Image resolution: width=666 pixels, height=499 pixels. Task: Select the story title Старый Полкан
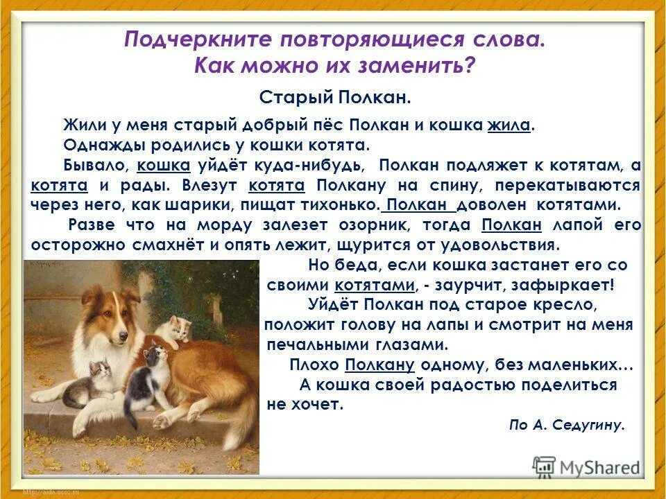click(335, 97)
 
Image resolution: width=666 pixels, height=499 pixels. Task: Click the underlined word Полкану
click(379, 365)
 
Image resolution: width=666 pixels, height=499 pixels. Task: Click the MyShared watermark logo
click(586, 466)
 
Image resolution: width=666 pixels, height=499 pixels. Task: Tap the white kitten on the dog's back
click(173, 331)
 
